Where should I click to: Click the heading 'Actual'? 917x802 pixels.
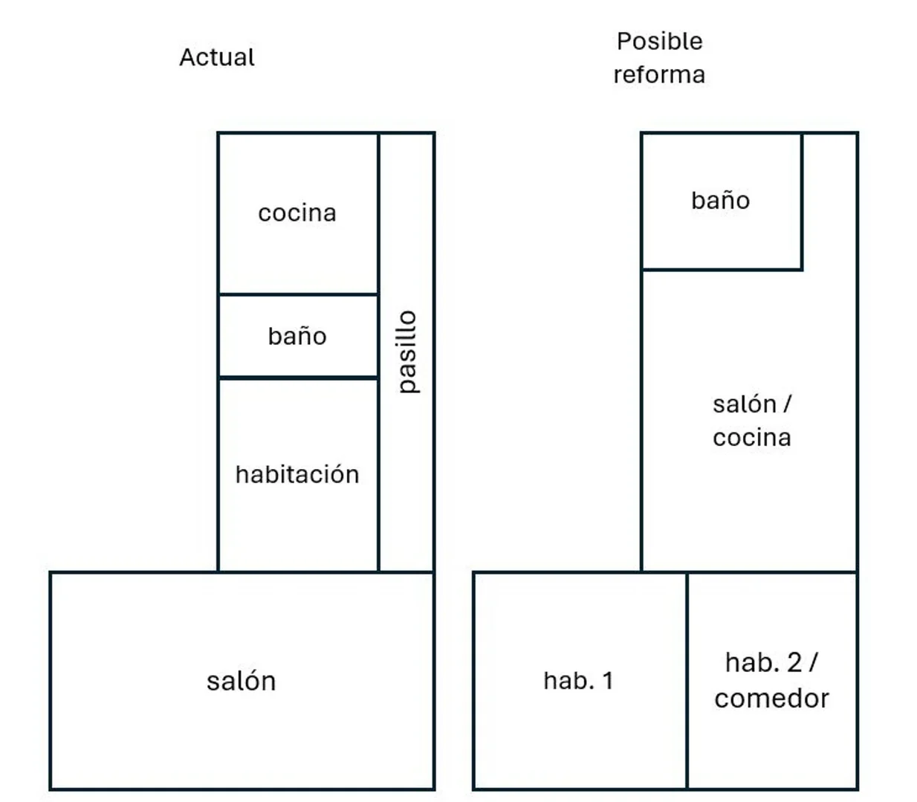pyautogui.click(x=217, y=57)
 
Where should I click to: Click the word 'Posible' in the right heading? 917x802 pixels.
pyautogui.click(x=659, y=41)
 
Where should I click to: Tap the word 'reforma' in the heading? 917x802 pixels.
pyautogui.click(x=659, y=74)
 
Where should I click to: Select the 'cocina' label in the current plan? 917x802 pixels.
pyautogui.click(x=297, y=213)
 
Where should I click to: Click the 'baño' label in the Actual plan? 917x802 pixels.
pyautogui.click(x=297, y=336)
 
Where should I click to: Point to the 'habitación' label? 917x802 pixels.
pyautogui.click(x=297, y=474)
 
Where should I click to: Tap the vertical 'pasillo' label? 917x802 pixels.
pyautogui.click(x=408, y=352)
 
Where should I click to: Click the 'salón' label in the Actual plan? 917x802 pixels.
pyautogui.click(x=241, y=682)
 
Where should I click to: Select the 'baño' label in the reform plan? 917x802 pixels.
pyautogui.click(x=720, y=201)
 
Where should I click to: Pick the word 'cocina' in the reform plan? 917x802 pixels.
pyautogui.click(x=751, y=438)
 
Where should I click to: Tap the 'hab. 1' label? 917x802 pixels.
pyautogui.click(x=578, y=681)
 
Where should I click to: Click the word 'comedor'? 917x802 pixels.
pyautogui.click(x=771, y=699)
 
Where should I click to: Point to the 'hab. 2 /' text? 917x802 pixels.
pyautogui.click(x=771, y=662)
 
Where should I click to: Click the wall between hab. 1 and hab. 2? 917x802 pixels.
pyautogui.click(x=687, y=680)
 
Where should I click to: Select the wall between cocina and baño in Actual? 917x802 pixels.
pyautogui.click(x=298, y=294)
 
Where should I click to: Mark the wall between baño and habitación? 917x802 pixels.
pyautogui.click(x=298, y=378)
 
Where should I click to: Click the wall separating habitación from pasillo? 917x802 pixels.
pyautogui.click(x=379, y=475)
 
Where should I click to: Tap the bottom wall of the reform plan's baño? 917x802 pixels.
pyautogui.click(x=722, y=269)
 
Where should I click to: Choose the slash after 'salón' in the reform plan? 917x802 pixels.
pyautogui.click(x=787, y=404)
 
